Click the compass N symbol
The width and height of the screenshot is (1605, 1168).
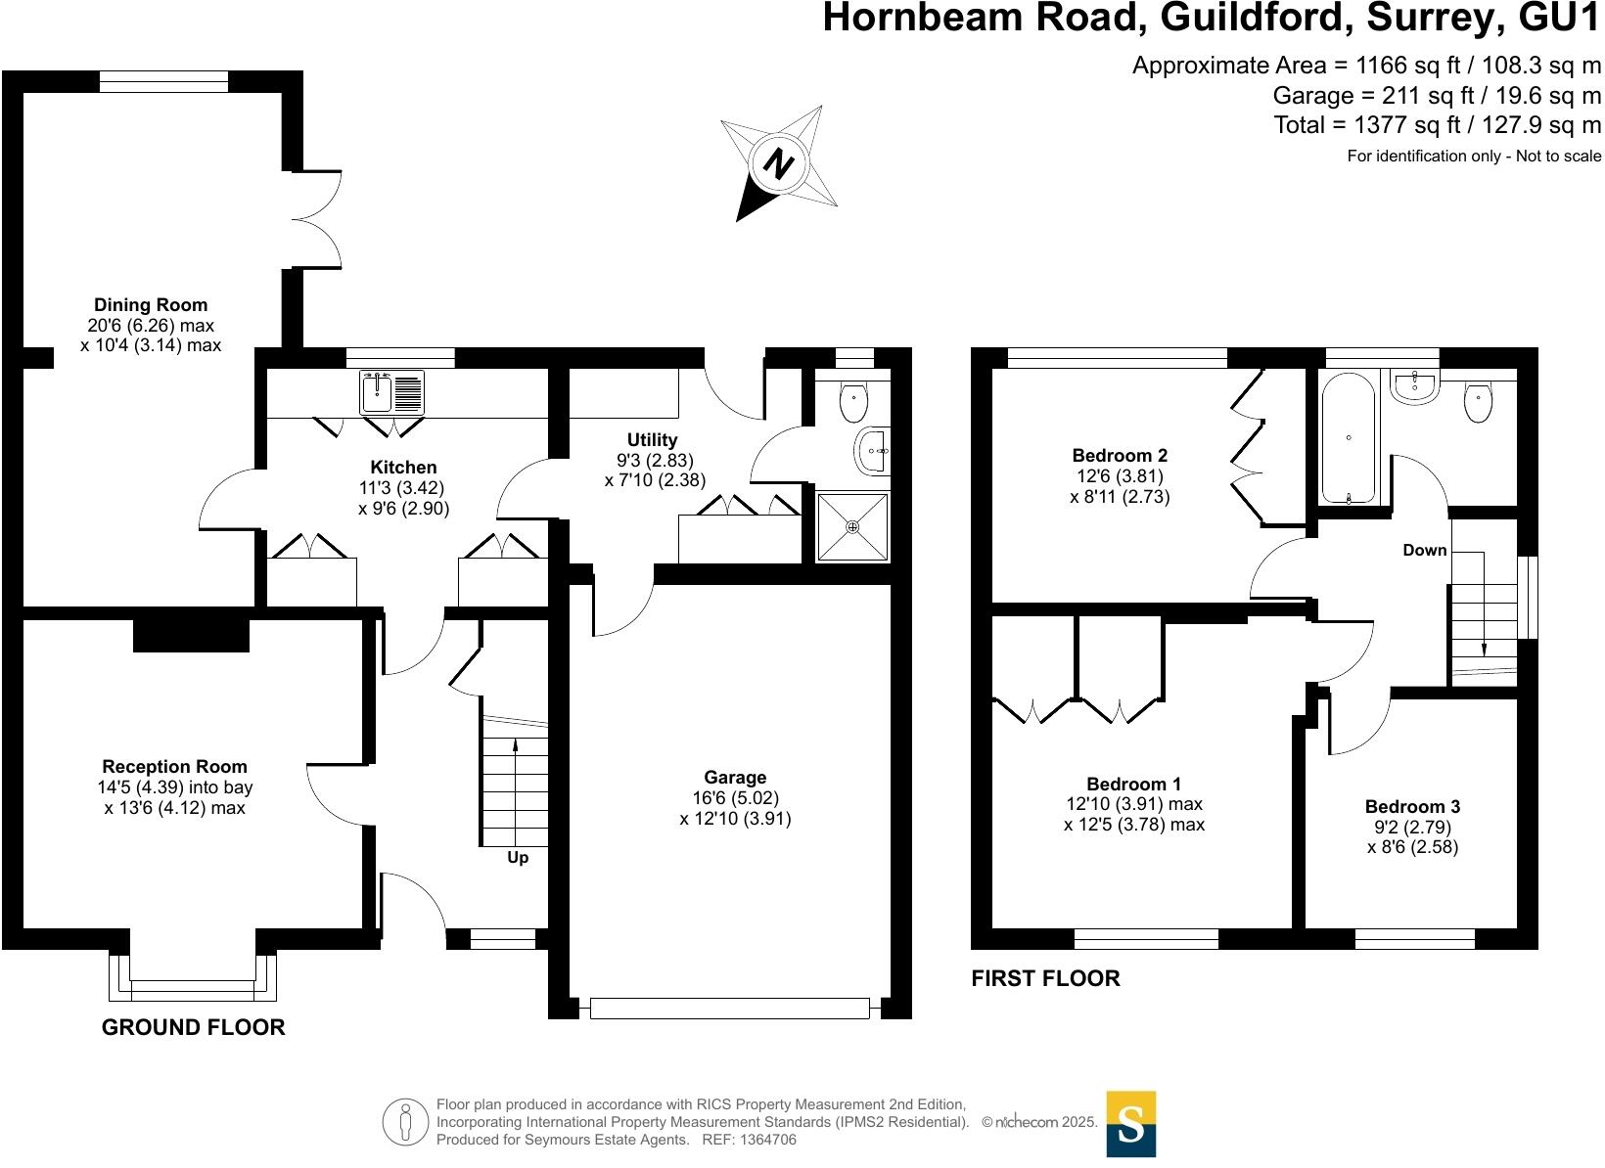pyautogui.click(x=778, y=162)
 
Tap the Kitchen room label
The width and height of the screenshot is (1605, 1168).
pyautogui.click(x=403, y=468)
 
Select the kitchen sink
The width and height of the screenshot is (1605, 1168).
pyautogui.click(x=391, y=393)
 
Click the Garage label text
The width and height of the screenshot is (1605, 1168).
pyautogui.click(x=735, y=778)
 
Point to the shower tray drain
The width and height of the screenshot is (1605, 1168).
pyautogui.click(x=853, y=527)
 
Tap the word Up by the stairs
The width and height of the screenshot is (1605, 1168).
pyautogui.click(x=518, y=858)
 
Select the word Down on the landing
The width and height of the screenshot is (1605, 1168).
pyautogui.click(x=1424, y=550)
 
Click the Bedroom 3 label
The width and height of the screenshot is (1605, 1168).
pyautogui.click(x=1412, y=807)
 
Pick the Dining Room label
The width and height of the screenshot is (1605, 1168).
pyautogui.click(x=151, y=305)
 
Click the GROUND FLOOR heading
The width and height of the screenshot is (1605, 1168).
pyautogui.click(x=194, y=1027)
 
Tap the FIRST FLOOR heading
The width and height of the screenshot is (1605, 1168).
pyautogui.click(x=1045, y=978)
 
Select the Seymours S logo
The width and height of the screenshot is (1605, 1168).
pyautogui.click(x=1131, y=1123)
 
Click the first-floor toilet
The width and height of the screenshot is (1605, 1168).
pyautogui.click(x=1478, y=402)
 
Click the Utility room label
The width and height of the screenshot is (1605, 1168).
pyautogui.click(x=652, y=440)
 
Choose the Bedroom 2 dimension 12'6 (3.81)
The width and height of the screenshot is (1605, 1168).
pyautogui.click(x=1120, y=476)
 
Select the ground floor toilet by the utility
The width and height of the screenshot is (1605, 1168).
pyautogui.click(x=854, y=399)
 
